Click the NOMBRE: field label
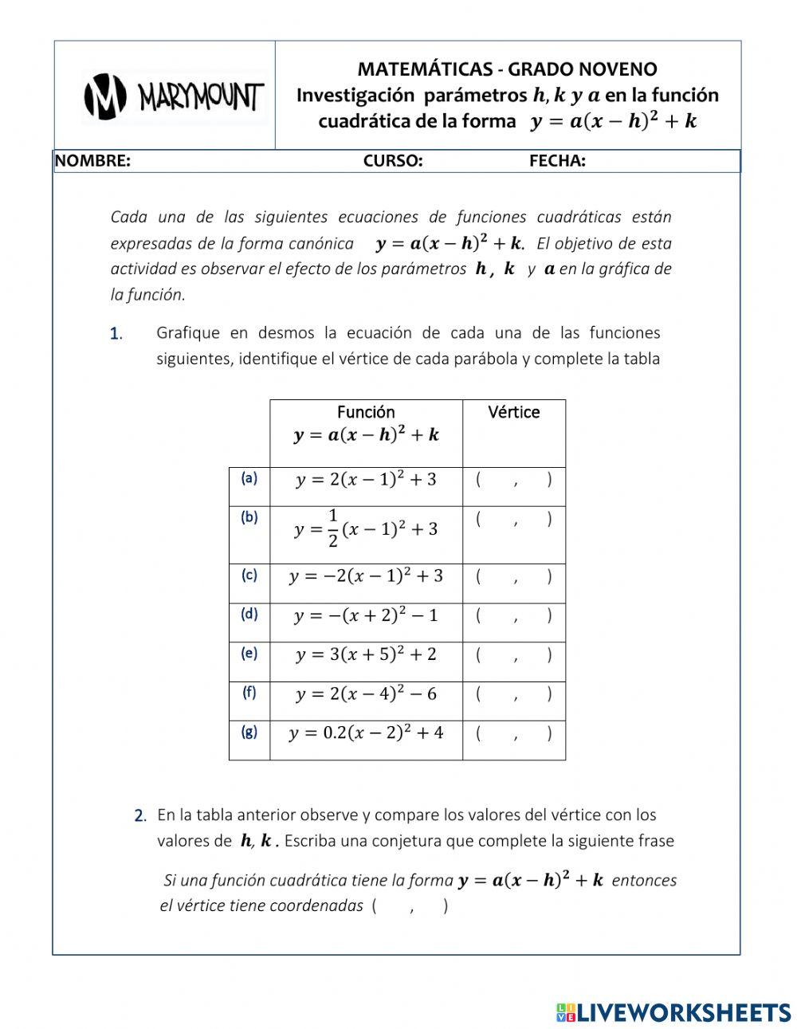coord(92,162)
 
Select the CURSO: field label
coord(393,162)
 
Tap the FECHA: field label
coord(557,162)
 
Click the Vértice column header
coord(514,413)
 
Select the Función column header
coord(366,413)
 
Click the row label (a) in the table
coord(249,478)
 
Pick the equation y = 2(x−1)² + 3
coord(366,480)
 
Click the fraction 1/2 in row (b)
coord(332,528)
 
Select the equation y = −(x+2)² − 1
coord(366,616)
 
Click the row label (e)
coord(249,654)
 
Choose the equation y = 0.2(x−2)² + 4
coord(366,733)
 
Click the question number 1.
coord(116,334)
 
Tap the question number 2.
coord(140,816)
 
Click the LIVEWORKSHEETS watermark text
coord(683,1012)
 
